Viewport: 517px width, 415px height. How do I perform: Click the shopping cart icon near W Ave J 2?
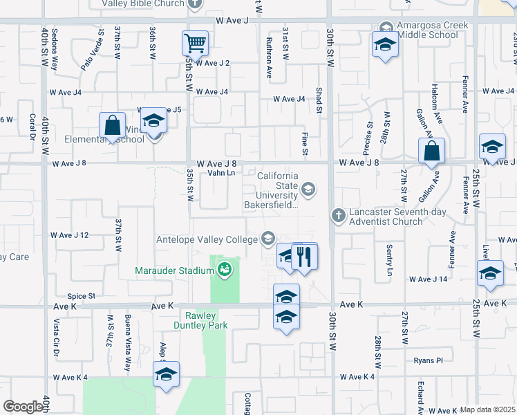coord(195,44)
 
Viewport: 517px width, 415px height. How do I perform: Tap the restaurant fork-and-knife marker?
coord(304,256)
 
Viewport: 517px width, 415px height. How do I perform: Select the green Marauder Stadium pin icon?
coord(223,270)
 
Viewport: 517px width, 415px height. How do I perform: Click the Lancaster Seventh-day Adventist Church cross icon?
coord(338,215)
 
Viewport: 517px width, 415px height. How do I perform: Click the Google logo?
coord(23,407)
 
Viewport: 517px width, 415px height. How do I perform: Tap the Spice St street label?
coord(82,296)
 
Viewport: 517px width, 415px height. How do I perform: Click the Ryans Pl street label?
coord(429,360)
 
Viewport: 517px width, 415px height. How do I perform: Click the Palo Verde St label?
coord(92,49)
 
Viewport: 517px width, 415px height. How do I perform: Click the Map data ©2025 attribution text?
coord(488,409)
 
